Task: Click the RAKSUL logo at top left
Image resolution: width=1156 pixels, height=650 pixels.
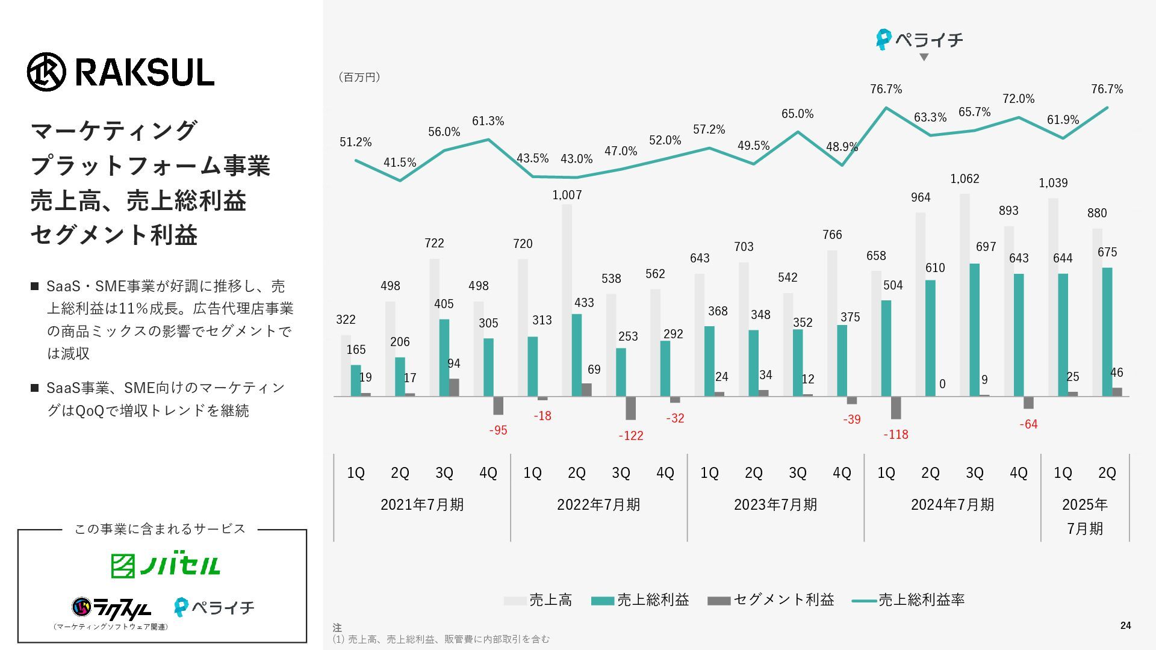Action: pos(120,72)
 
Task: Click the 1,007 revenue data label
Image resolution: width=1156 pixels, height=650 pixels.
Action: pos(567,195)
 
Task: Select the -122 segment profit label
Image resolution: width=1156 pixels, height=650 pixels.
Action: pos(630,436)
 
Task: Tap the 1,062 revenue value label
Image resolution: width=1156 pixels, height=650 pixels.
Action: pos(965,179)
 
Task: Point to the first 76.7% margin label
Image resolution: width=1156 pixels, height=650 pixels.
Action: pos(886,89)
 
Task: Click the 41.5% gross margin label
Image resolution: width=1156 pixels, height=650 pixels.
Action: pos(400,162)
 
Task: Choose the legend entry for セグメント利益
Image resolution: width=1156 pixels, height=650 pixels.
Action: pos(771,600)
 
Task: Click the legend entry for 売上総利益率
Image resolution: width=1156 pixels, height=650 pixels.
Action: pos(909,600)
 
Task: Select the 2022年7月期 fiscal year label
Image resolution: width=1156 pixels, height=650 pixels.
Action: pos(598,504)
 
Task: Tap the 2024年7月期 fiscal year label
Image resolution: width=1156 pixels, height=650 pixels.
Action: pos(952,504)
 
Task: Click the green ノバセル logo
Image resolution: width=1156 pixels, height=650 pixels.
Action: pos(166,565)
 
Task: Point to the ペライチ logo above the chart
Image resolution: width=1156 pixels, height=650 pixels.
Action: pos(919,40)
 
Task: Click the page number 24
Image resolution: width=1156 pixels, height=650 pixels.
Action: pos(1125,626)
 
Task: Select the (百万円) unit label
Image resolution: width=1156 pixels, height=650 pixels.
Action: pos(359,77)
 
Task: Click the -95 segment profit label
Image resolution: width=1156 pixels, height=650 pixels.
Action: pos(498,430)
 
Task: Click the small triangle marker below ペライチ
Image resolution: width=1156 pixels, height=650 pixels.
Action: pos(924,57)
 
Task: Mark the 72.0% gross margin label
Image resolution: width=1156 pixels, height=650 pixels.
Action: pos(1018,99)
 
